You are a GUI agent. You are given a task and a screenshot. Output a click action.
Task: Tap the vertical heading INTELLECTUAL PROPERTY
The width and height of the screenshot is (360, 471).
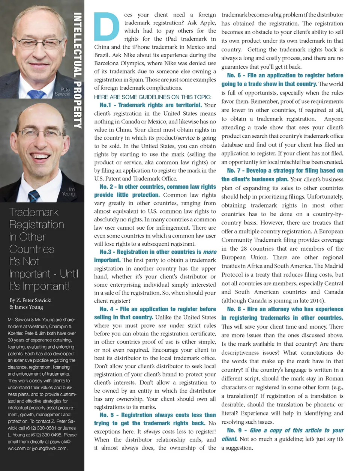click(78, 71)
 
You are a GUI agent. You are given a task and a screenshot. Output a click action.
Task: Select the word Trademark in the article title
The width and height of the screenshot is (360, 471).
click(34, 212)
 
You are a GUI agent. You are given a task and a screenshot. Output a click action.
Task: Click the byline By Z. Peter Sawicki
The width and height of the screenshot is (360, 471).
click(30, 300)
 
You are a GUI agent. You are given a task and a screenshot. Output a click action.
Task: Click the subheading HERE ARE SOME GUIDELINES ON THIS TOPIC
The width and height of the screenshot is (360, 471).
click(153, 97)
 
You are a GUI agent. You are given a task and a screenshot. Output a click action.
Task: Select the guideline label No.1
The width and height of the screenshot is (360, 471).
click(105, 105)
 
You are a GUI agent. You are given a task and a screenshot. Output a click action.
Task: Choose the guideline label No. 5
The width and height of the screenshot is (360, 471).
click(106, 415)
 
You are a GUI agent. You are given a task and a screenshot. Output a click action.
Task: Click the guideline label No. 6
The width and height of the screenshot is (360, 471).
click(234, 75)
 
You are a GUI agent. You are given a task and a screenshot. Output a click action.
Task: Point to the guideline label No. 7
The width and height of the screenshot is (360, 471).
click(234, 171)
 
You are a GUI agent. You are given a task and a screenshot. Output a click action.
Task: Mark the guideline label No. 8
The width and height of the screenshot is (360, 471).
click(234, 309)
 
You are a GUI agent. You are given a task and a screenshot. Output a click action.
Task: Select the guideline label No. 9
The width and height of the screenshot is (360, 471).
click(234, 430)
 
